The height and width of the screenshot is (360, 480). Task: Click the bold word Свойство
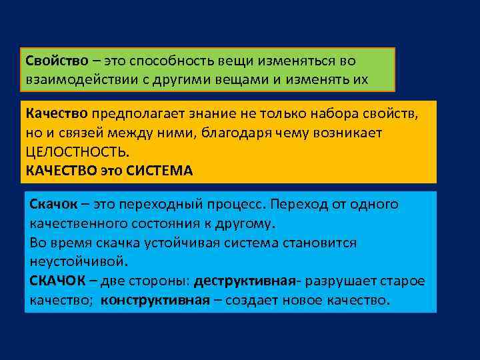[x=57, y=61]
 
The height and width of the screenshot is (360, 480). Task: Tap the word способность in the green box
[x=170, y=61]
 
